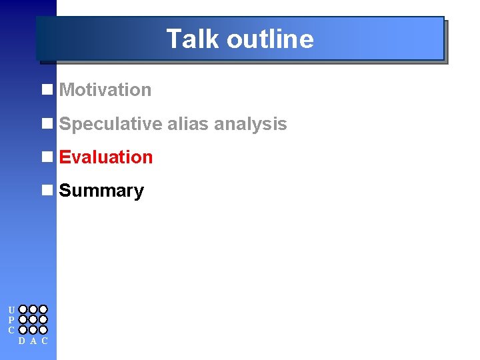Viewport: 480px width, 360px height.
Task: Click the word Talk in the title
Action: coord(193,39)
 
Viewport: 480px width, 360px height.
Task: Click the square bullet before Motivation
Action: coord(47,89)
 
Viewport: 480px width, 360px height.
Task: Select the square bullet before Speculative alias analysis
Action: coord(47,123)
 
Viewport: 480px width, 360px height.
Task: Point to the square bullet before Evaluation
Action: coord(47,157)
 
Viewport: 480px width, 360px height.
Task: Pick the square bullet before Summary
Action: coord(47,191)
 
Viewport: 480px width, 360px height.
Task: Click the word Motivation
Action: coord(105,89)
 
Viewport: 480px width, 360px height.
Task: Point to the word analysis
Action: coord(251,124)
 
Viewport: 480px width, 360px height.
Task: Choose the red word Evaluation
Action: coord(106,157)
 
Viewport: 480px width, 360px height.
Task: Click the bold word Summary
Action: coord(101,191)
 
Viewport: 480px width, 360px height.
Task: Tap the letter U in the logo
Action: coord(11,310)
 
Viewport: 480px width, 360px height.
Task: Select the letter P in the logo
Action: coord(11,320)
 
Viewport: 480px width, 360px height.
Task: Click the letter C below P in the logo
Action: coord(11,330)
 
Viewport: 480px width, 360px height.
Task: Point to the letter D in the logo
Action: coord(23,341)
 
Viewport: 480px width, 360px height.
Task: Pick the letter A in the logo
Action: coord(33,341)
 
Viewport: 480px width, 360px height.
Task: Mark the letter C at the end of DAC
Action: coord(44,341)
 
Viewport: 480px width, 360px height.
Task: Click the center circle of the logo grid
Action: coord(33,320)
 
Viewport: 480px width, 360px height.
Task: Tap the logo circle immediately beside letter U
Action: coord(23,310)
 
